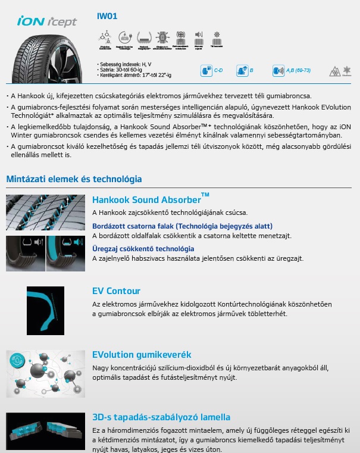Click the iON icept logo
(x=47, y=22)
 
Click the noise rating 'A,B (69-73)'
(x=298, y=71)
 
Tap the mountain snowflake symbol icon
(x=335, y=71)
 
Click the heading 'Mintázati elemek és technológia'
(x=74, y=179)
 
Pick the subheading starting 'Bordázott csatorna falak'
(x=182, y=226)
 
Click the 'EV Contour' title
(x=117, y=291)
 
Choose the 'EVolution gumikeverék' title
(x=142, y=355)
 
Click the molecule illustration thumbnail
(x=45, y=373)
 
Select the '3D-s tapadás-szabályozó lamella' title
(x=161, y=417)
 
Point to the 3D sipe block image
(x=45, y=431)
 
